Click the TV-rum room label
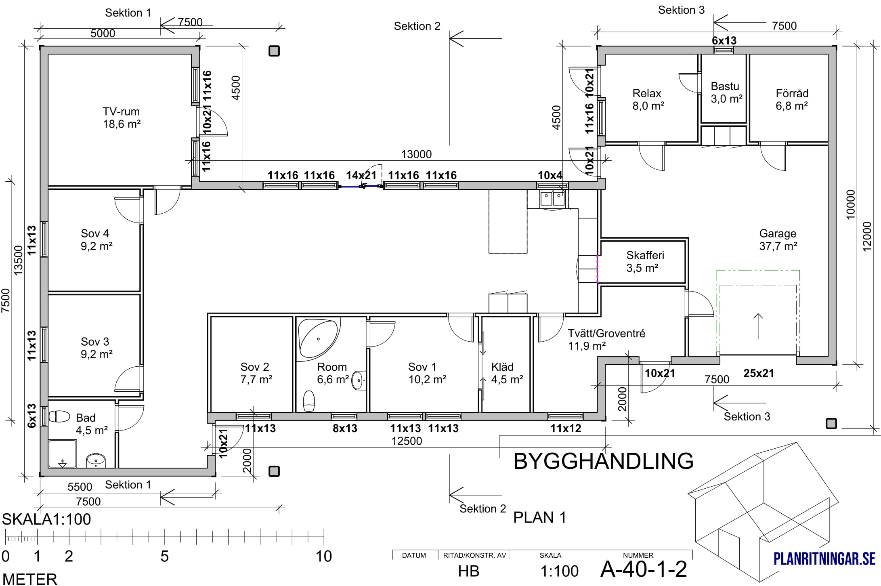(x=121, y=118)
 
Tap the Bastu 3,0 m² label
(x=726, y=92)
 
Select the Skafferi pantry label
(x=645, y=261)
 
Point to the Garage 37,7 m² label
(x=778, y=239)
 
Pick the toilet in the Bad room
(x=59, y=416)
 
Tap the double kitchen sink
(x=552, y=198)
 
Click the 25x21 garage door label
(x=759, y=373)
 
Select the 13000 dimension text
(x=416, y=154)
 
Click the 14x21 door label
(x=361, y=175)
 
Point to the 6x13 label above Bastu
(x=724, y=40)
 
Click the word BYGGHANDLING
(x=603, y=461)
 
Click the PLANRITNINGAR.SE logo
(x=824, y=559)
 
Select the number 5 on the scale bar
(x=164, y=557)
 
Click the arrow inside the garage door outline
(x=758, y=326)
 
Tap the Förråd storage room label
(x=792, y=99)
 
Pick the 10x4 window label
(x=550, y=175)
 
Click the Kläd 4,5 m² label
(x=507, y=373)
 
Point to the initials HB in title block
(x=469, y=571)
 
